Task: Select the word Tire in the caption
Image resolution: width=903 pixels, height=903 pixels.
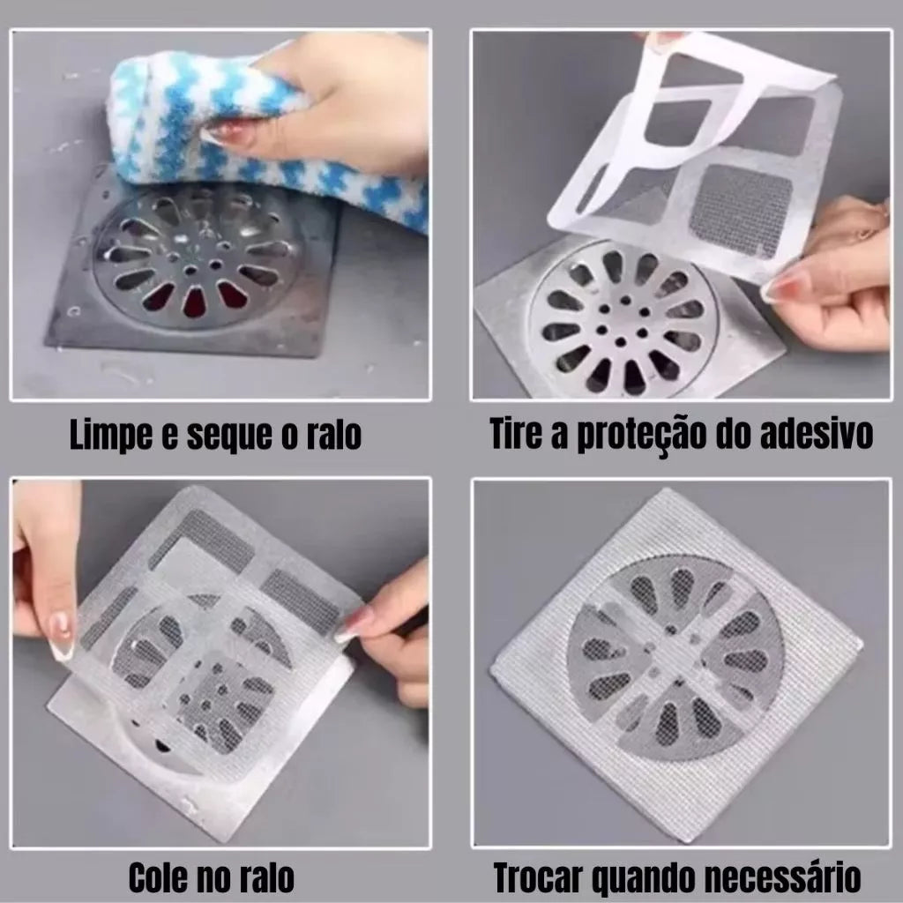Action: point(517,435)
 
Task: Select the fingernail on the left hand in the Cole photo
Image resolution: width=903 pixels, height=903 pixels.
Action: point(60,638)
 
